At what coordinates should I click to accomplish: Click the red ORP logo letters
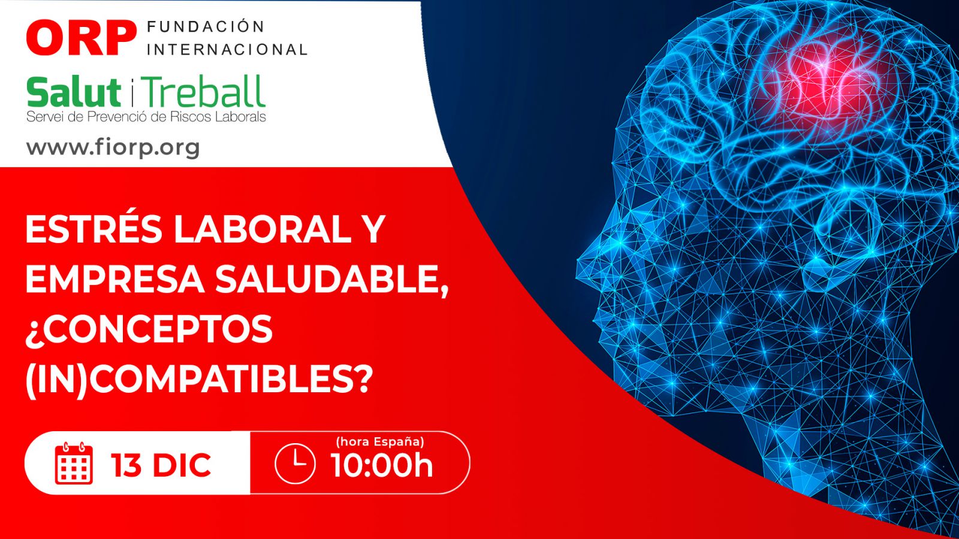(x=81, y=38)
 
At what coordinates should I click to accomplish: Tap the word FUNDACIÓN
(x=206, y=26)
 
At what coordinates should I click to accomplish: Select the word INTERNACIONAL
(x=227, y=50)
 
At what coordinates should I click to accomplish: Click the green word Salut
(x=74, y=92)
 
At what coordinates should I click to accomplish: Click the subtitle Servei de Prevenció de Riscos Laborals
(x=146, y=117)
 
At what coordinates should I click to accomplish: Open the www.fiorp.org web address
(x=113, y=148)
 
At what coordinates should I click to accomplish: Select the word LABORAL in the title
(x=263, y=229)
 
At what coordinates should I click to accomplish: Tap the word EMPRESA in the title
(x=115, y=279)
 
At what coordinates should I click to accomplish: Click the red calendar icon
(x=74, y=464)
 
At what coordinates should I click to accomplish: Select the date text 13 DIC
(x=161, y=465)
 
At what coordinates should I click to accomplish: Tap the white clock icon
(x=295, y=464)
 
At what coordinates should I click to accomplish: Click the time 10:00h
(x=381, y=465)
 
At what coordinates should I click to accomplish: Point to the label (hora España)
(x=380, y=442)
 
